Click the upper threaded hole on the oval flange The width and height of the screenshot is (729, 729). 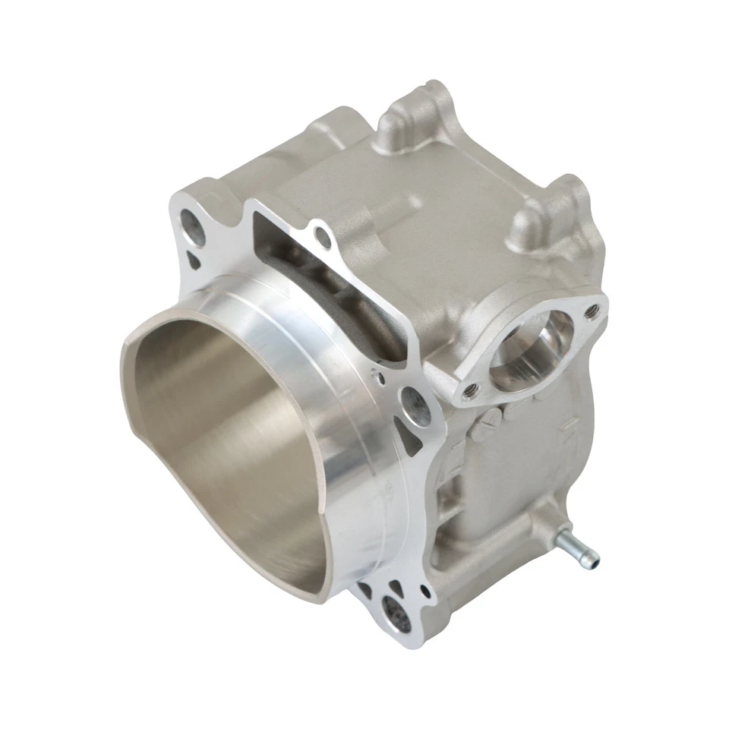pos(590,309)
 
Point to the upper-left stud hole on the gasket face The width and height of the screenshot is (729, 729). pos(193,228)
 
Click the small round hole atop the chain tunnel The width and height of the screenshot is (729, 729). pos(325,237)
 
